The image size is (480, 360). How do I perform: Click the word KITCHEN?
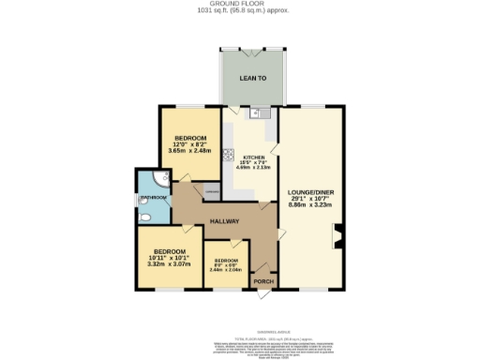254,157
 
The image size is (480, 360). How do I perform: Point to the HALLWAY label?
225,221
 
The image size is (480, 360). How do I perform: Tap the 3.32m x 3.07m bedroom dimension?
169,263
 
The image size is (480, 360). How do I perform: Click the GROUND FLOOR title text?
240,4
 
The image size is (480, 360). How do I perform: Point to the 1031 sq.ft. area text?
240,10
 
